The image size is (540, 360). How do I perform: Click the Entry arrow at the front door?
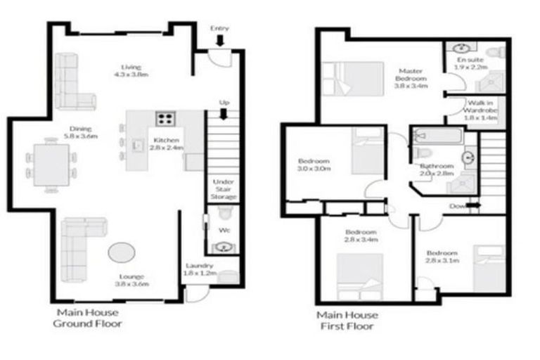pos(220,41)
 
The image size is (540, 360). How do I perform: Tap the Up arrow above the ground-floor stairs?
pos(224,114)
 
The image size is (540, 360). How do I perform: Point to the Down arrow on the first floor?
pos(471,206)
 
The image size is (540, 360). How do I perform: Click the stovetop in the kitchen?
pos(167,118)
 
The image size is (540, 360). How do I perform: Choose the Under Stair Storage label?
pos(224,188)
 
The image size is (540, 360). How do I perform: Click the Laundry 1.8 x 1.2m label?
pos(200,269)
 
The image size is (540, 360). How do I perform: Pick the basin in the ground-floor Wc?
pos(224,246)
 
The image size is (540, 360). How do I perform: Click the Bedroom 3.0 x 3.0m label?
pos(313,165)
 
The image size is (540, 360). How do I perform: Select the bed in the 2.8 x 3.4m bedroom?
pos(359,276)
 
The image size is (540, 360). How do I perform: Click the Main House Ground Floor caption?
pos(88,318)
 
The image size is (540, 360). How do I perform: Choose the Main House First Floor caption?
pos(347,320)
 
